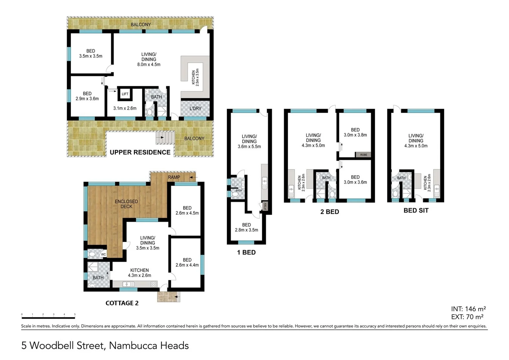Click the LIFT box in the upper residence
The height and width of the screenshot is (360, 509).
125,93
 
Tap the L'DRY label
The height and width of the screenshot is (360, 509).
196,108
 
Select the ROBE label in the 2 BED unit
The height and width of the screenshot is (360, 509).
363,155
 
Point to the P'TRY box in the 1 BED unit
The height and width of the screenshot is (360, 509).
265,206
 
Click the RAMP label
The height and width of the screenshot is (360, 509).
174,177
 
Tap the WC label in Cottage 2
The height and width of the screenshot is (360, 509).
103,254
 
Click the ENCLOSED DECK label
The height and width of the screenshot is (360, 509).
126,204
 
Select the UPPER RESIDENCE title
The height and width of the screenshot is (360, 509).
140,152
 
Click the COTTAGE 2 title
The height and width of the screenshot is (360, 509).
122,303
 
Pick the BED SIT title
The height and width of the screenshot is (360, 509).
416,210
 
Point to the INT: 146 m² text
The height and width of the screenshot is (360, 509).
468,309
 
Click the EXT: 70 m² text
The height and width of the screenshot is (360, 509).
467,317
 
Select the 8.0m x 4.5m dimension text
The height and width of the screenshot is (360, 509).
149,64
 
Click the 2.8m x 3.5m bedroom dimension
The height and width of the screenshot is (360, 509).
246,230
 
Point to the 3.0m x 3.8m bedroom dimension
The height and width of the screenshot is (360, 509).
355,135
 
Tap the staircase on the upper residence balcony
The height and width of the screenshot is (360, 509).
165,138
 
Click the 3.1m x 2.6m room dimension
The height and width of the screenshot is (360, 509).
125,108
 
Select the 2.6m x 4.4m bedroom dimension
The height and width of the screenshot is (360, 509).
187,265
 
